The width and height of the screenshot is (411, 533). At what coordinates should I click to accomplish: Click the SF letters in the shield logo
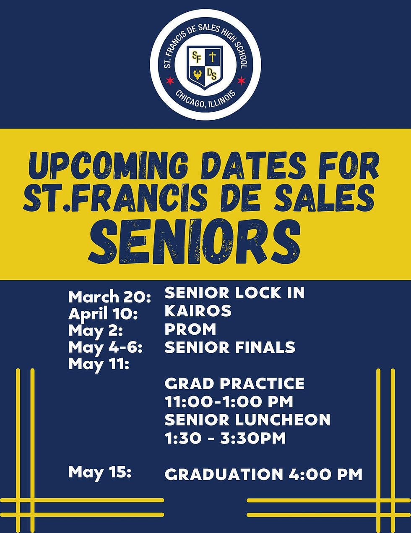tap(196, 56)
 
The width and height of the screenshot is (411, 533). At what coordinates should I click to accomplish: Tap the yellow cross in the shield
tap(213, 57)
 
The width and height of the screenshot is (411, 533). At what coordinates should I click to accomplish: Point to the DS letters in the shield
tap(213, 75)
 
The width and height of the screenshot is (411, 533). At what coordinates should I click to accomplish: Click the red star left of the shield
tap(170, 80)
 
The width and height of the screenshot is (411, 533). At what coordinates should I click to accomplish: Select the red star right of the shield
tap(241, 80)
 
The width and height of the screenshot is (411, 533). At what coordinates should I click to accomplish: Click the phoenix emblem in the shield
tap(197, 75)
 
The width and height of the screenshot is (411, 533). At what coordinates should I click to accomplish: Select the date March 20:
tap(109, 297)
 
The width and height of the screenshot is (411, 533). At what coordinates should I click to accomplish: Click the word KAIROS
tap(198, 311)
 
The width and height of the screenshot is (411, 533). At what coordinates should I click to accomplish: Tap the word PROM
tap(190, 329)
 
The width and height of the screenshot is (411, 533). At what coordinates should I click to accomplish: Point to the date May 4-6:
tap(105, 347)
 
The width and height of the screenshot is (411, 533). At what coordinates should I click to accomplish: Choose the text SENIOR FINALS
tap(230, 347)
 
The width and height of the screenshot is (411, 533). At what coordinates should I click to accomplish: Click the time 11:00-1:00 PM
tap(229, 402)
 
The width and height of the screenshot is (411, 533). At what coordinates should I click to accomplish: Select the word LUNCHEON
tap(282, 420)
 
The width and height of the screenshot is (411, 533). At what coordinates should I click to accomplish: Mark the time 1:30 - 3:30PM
tap(225, 438)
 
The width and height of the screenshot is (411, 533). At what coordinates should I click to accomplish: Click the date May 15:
tap(100, 472)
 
